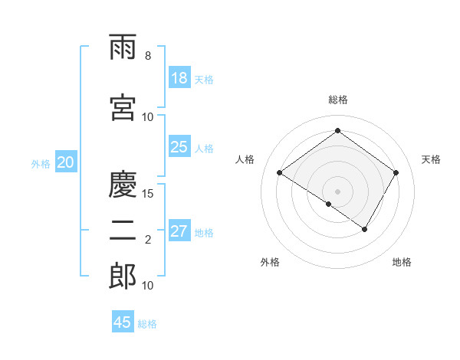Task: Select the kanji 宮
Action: (123, 108)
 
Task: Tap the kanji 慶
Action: (123, 185)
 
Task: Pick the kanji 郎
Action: (123, 277)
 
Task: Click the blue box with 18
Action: (179, 78)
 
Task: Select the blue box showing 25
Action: (179, 147)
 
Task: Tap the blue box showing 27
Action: (179, 231)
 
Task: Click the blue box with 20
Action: (66, 162)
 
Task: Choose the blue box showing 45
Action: (123, 322)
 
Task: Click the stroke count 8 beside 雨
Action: (148, 56)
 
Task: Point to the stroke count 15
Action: (148, 193)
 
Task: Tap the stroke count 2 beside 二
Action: (148, 240)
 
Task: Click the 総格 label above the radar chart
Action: (338, 100)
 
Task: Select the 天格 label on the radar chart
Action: (431, 159)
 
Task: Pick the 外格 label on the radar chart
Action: (270, 262)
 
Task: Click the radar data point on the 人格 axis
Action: (280, 173)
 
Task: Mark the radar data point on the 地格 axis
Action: (365, 229)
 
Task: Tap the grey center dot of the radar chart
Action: (338, 191)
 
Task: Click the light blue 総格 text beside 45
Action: (147, 324)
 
